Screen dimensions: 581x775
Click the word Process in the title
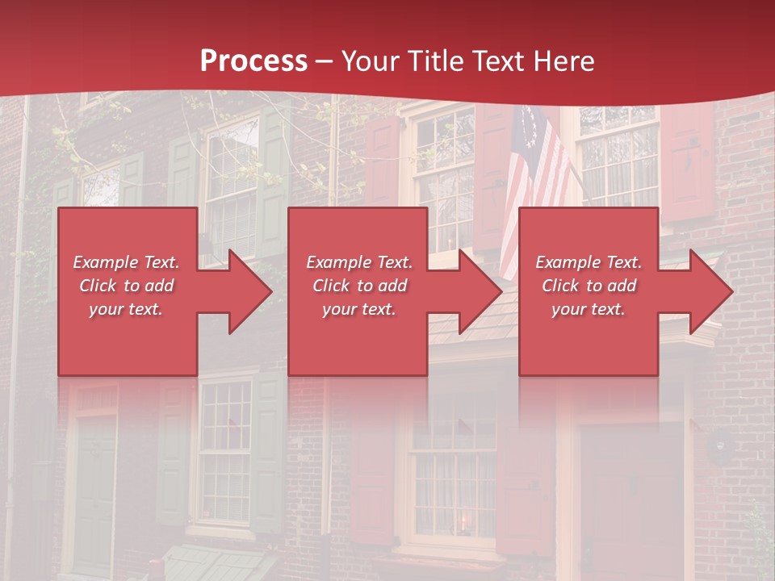point(253,61)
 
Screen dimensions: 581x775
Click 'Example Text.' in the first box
point(126,262)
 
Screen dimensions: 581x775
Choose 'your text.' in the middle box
point(358,309)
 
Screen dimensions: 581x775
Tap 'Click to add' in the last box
point(589,286)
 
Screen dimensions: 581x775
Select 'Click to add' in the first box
point(126,286)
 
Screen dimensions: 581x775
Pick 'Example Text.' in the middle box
point(358,262)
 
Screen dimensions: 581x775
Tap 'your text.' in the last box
point(589,309)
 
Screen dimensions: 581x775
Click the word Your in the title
point(371,61)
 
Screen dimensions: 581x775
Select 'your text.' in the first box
point(126,309)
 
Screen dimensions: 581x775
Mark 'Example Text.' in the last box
point(589,262)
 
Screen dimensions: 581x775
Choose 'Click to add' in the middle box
point(358,286)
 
